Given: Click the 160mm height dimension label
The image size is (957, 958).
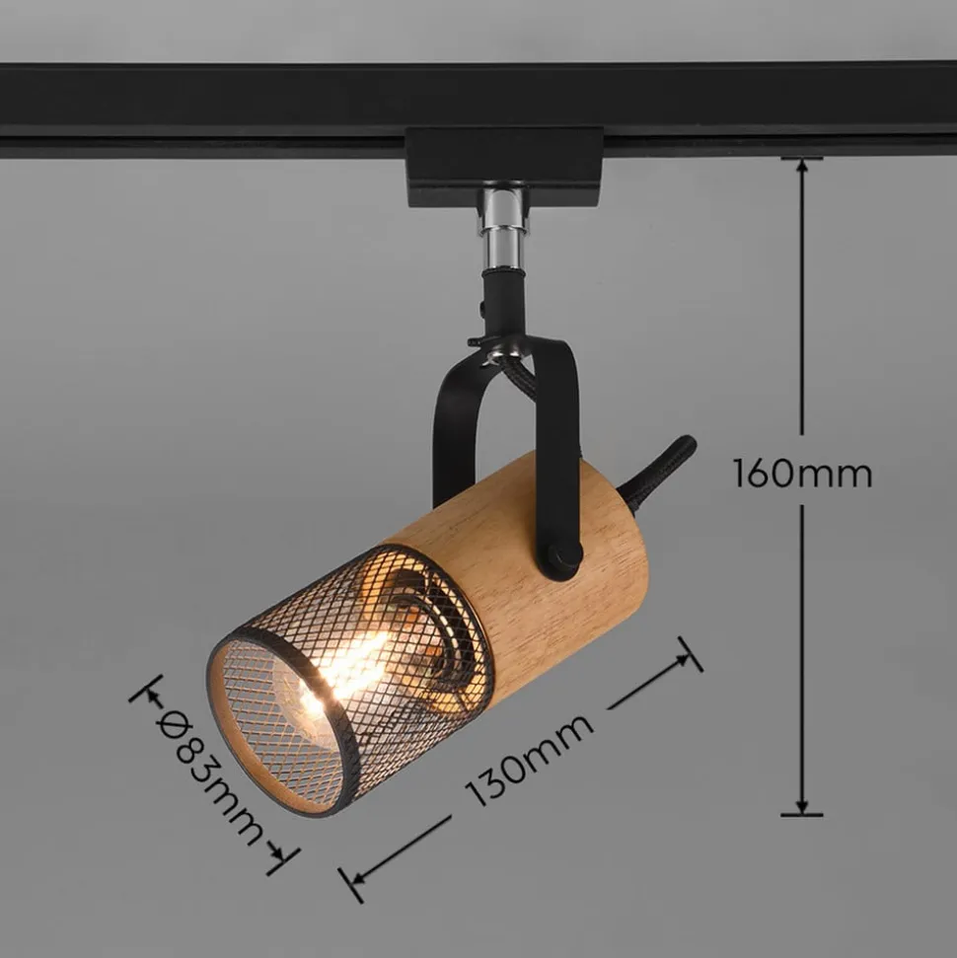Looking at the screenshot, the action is (802, 474).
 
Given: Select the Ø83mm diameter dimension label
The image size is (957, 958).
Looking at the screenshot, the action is (209, 776).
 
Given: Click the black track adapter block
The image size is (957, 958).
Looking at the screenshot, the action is (505, 165).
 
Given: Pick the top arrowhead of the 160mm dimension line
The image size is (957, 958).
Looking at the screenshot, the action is (802, 168).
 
